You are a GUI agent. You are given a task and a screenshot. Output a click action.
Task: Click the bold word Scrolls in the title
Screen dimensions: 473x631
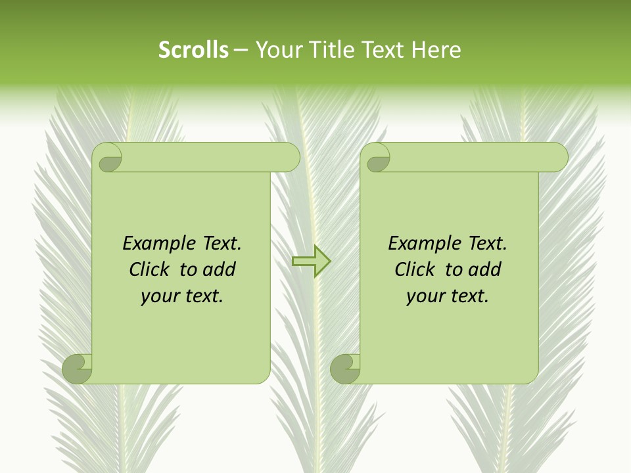[193, 49]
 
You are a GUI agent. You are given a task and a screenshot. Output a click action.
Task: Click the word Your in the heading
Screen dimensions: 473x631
[277, 49]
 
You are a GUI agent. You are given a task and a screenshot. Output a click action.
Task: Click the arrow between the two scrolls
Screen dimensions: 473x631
[311, 261]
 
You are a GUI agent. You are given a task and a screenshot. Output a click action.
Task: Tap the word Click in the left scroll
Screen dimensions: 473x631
[149, 269]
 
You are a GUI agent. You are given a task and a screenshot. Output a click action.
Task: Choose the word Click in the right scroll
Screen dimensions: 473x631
[415, 269]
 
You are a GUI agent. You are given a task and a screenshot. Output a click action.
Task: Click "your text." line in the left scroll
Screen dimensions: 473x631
[182, 296]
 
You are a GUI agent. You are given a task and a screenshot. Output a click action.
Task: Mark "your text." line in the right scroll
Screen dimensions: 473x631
[448, 296]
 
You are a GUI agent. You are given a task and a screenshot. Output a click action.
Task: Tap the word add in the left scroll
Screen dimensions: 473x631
[218, 269]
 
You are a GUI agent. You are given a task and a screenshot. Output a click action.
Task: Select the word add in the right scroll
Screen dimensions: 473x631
[484, 269]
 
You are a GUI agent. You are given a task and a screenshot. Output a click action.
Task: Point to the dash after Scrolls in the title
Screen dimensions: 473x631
[241, 50]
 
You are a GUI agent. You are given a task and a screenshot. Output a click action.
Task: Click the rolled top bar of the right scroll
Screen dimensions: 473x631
[473, 157]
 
